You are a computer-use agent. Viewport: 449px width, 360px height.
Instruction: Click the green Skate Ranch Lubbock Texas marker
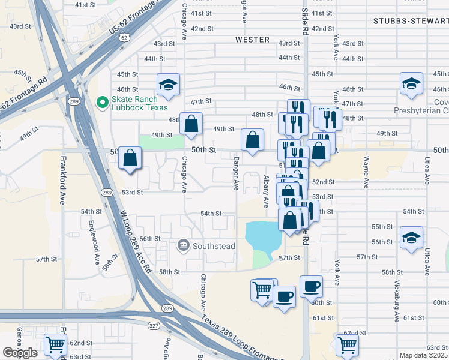pyautogui.click(x=103, y=103)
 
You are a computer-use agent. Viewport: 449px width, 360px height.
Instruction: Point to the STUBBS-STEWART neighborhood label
pyautogui.click(x=410, y=21)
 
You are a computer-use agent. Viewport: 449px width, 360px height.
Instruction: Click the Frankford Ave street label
pyautogui.click(x=62, y=181)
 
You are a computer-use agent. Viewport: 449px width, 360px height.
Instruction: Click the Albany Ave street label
pyautogui.click(x=266, y=191)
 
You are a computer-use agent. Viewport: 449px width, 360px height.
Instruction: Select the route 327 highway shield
pyautogui.click(x=154, y=326)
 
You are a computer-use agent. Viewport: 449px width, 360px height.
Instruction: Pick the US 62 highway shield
pyautogui.click(x=124, y=37)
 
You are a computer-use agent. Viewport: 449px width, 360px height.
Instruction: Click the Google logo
pyautogui.click(x=20, y=352)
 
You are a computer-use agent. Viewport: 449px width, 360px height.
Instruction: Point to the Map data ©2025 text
pyautogui.click(x=423, y=355)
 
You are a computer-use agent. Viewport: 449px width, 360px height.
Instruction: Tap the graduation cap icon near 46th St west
pyautogui.click(x=169, y=85)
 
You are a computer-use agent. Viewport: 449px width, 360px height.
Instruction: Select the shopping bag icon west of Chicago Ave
pyautogui.click(x=130, y=158)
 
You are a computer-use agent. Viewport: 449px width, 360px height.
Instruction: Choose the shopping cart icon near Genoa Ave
pyautogui.click(x=55, y=345)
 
